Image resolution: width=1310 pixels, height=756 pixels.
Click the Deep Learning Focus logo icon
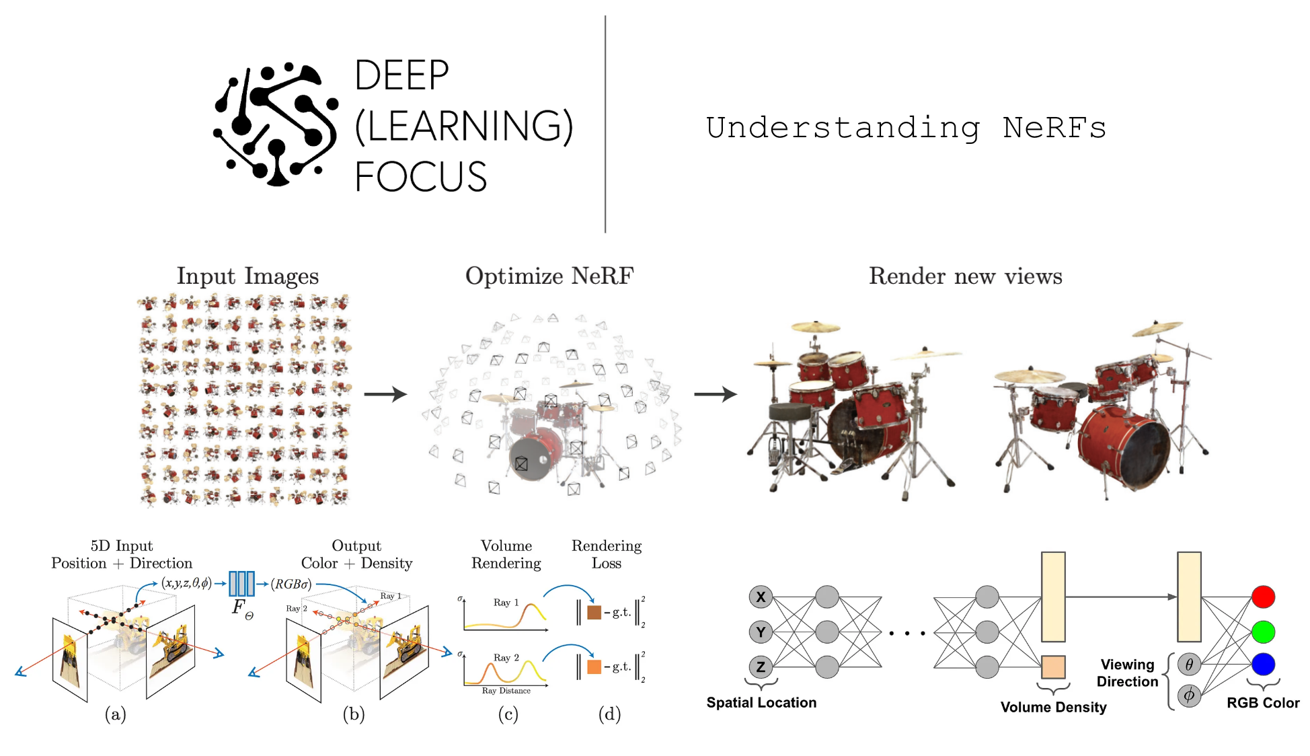coord(274,125)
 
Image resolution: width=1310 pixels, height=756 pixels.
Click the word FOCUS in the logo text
coord(420,177)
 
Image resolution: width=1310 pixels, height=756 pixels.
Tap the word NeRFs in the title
coord(1054,128)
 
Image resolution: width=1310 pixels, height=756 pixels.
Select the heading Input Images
coord(247,276)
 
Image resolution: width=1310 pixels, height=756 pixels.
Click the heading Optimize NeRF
coord(549,276)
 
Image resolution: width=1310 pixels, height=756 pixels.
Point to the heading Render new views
coord(965,276)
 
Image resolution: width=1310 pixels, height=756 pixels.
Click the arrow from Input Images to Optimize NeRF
coord(385,394)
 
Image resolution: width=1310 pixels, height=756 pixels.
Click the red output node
coord(1263,597)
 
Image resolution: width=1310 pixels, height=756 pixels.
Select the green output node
coord(1263,632)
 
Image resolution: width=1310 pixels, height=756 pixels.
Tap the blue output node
coord(1263,665)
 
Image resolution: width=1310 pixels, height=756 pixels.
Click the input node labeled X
coord(761,597)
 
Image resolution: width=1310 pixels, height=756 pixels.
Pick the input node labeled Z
coord(761,667)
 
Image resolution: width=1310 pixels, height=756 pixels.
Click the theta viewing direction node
coord(1189,665)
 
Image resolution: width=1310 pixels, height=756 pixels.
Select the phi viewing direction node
coord(1189,695)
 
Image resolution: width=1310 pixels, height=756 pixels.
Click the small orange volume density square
coord(1053,667)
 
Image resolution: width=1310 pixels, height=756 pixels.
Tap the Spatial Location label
coord(761,703)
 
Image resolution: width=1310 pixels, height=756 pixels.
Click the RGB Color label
coord(1263,703)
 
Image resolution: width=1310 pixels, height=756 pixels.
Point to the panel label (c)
coord(508,714)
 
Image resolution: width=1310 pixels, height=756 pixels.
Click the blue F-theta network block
coord(241,584)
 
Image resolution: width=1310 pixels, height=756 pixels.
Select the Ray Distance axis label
coord(506,691)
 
